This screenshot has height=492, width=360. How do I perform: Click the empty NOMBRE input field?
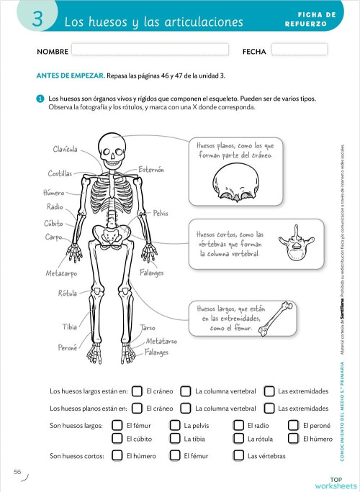[x=150, y=51]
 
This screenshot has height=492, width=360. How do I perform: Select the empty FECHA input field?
[x=300, y=50]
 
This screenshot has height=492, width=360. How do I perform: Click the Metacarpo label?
[x=61, y=274]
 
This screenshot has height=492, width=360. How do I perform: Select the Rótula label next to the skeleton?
[x=68, y=293]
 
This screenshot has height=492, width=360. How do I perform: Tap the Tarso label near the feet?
[x=148, y=327]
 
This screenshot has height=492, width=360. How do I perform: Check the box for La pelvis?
[x=174, y=426]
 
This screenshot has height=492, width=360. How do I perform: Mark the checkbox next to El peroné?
[x=293, y=426]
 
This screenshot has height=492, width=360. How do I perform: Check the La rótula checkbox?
[x=238, y=439]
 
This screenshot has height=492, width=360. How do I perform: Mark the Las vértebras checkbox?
[x=238, y=456]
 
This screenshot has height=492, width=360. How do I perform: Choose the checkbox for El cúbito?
[x=117, y=439]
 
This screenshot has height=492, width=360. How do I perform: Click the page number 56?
[x=17, y=472]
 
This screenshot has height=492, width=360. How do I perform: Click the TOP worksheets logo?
[x=335, y=483]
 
